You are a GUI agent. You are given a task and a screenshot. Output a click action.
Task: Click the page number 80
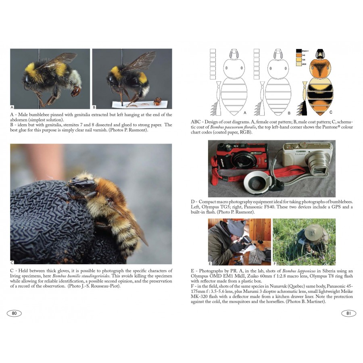coord(14,313)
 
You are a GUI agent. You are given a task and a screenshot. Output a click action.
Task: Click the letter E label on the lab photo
coord(210,263)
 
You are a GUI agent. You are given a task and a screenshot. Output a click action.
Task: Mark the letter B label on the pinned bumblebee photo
coord(94,107)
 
